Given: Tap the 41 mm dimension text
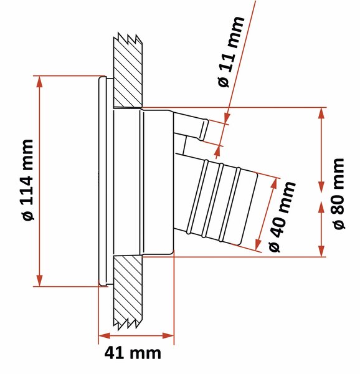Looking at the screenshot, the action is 133,353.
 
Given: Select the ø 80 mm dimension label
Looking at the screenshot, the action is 339,194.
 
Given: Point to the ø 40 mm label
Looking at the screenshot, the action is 282,216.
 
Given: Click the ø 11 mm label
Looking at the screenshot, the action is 231,52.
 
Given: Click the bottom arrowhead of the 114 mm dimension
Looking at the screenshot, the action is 39,280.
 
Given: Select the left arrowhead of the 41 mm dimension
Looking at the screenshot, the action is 105,336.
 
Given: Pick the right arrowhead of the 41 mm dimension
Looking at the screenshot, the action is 168,336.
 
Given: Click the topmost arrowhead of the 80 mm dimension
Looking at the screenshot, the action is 321,113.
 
